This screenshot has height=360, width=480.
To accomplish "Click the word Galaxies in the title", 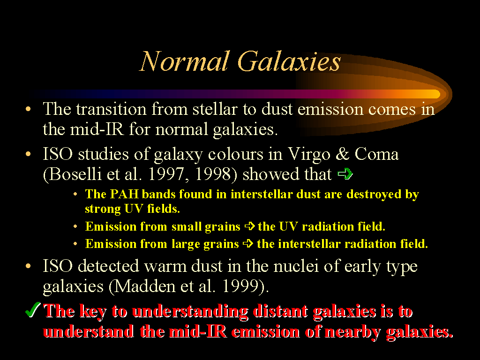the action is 289,61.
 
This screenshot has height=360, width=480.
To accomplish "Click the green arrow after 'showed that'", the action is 345,174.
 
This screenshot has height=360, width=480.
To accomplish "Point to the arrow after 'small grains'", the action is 250,226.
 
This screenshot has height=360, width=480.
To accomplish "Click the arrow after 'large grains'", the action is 248,244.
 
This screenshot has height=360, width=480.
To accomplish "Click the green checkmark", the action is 33,309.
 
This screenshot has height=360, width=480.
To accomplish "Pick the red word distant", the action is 280,312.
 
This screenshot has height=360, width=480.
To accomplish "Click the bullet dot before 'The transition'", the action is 29,109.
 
